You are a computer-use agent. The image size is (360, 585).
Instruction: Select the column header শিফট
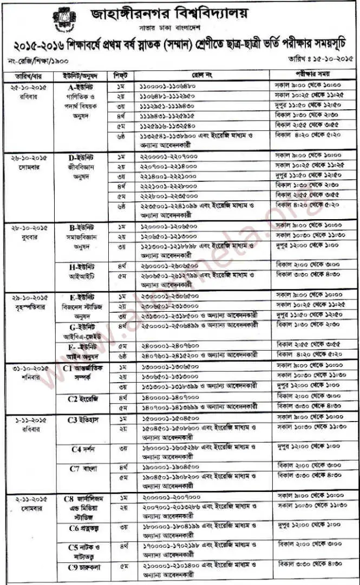[121, 75]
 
